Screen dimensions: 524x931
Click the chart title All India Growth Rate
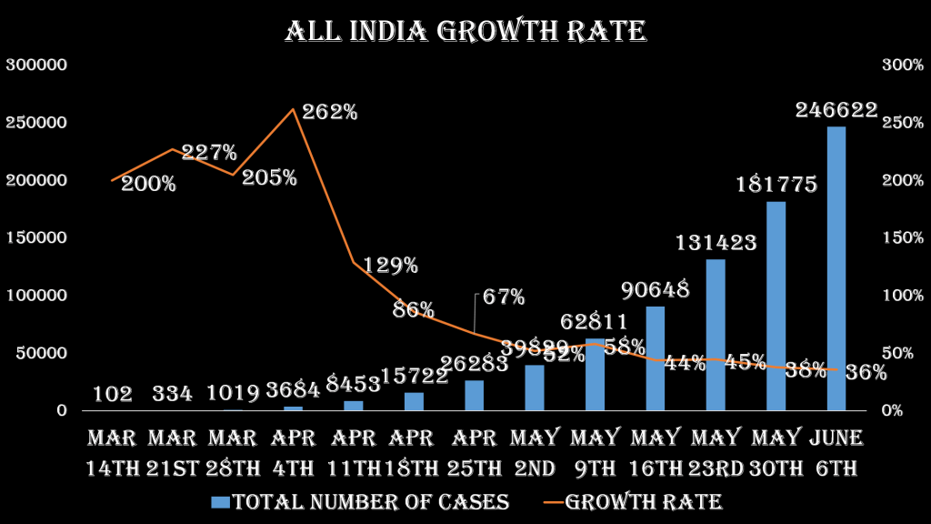[465, 32]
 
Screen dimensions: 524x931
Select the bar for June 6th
[836, 268]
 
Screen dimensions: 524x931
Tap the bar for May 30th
[776, 306]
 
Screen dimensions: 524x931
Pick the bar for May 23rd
[716, 335]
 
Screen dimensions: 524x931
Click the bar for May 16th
[655, 358]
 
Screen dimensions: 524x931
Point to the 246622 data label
[836, 110]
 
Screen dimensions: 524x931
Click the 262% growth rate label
[330, 112]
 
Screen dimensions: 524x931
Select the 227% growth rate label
[209, 152]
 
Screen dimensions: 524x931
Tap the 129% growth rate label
[391, 266]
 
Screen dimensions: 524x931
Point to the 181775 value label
[776, 185]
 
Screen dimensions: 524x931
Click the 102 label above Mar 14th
[113, 394]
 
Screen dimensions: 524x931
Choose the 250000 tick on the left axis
[37, 123]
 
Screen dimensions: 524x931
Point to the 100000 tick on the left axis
[37, 296]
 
